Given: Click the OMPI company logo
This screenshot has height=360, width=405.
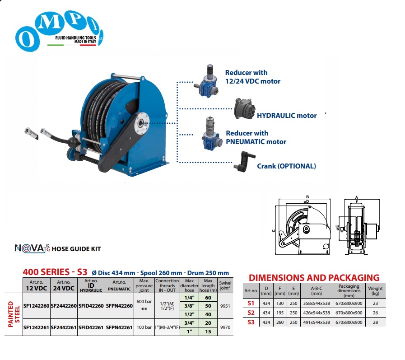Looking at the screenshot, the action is click(x=59, y=31).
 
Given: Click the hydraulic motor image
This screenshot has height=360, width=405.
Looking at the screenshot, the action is click(x=244, y=108).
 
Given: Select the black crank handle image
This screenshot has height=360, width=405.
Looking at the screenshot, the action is click(x=244, y=162).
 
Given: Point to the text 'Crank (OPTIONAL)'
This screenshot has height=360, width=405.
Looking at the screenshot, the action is click(x=286, y=166).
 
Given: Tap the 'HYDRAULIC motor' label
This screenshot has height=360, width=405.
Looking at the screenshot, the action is click(x=287, y=116).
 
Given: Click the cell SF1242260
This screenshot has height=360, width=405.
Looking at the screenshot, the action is click(x=37, y=306).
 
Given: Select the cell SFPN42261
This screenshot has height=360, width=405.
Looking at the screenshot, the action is click(x=119, y=327).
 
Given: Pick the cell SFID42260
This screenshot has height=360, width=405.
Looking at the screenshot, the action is click(x=91, y=306).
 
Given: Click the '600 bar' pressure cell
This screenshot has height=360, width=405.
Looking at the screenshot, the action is click(x=144, y=302).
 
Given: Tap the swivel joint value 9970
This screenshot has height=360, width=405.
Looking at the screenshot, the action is click(x=225, y=327).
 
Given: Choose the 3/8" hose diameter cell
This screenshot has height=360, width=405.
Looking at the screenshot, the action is click(x=189, y=306).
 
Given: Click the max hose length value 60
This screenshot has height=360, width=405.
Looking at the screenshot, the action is click(x=208, y=298).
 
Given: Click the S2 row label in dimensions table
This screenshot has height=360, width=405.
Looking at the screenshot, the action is click(x=251, y=313).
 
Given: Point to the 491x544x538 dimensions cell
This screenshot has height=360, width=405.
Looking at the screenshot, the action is click(x=317, y=322).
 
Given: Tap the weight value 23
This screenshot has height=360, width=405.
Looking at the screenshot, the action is click(x=375, y=304).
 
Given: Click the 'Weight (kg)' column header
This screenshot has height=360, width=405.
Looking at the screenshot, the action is click(x=375, y=290).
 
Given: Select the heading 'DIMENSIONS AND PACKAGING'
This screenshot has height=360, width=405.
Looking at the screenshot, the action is click(x=314, y=277).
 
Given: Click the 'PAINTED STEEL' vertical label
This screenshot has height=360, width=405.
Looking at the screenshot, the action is click(x=14, y=314).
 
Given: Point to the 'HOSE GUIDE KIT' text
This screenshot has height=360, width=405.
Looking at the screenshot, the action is click(x=76, y=249).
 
